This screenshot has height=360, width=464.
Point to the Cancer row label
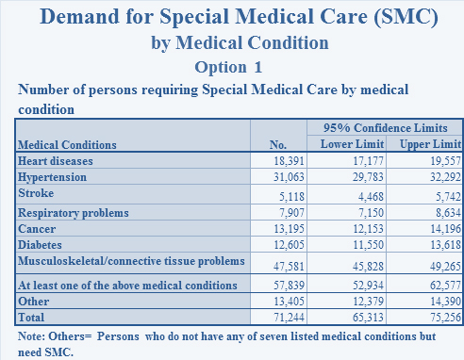(x=37, y=228)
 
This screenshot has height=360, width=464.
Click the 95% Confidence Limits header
(x=385, y=127)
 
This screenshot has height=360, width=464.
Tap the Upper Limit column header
(x=429, y=143)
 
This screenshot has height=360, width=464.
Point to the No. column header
(x=277, y=144)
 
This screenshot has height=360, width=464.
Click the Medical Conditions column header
(x=67, y=145)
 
